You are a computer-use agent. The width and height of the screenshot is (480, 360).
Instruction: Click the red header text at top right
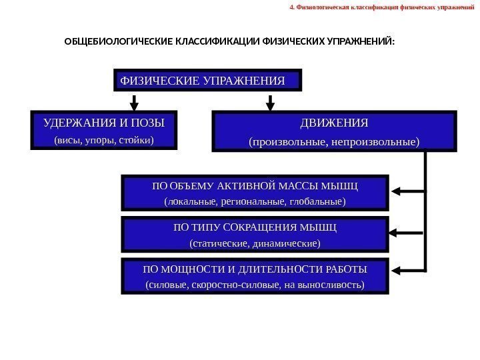pos(377,9)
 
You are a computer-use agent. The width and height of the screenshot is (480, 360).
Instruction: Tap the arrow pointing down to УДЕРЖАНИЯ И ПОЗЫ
pos(134,102)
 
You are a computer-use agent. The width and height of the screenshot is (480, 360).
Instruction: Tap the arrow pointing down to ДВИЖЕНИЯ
pos(271,102)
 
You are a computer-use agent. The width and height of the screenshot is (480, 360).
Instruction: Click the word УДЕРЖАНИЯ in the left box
pos(72,123)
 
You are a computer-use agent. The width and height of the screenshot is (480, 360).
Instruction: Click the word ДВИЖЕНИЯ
pos(334,124)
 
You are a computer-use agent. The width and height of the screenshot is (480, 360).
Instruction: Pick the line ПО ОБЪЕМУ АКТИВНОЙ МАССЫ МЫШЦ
pos(255,185)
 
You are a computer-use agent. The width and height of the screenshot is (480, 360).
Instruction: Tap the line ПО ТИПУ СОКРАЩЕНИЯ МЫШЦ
pos(255,227)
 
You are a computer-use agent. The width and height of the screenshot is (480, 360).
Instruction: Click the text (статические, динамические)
pos(255,243)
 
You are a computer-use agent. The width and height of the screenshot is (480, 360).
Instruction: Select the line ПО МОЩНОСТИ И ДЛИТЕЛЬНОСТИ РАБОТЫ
pos(255,269)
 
